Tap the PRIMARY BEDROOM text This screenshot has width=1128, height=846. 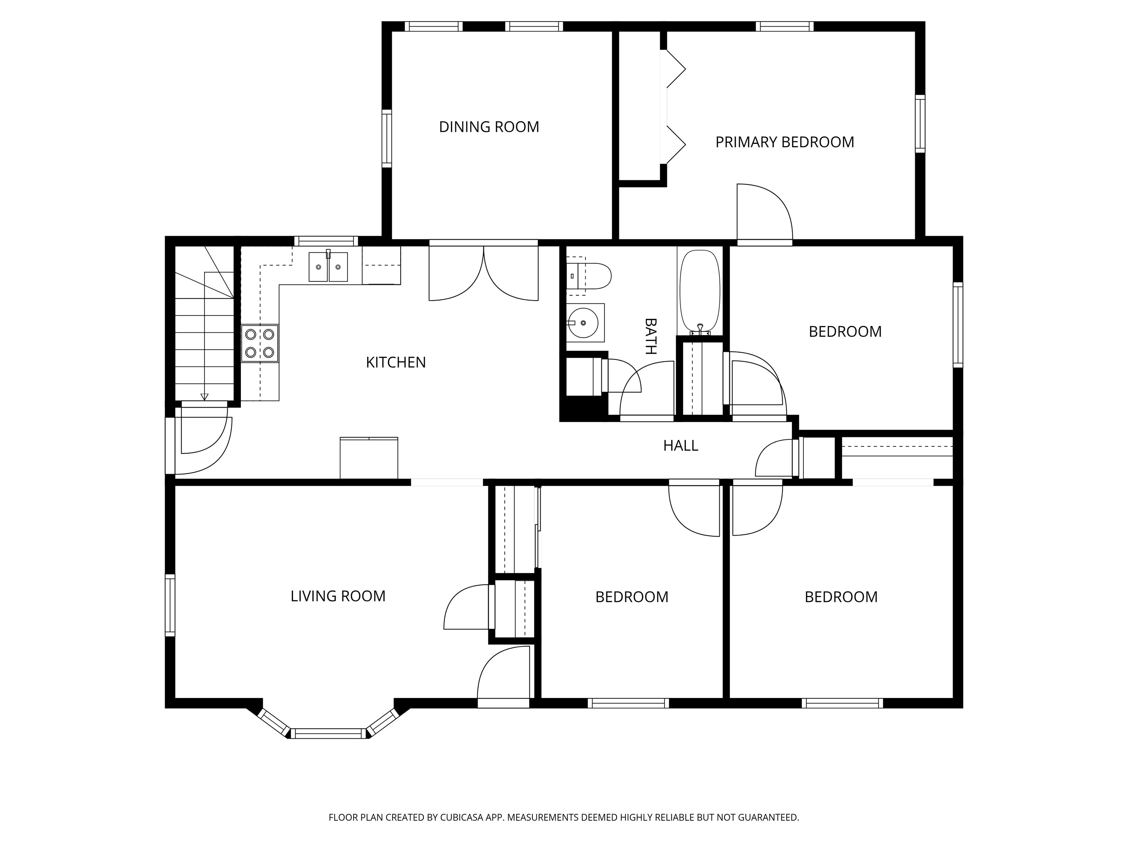pos(784,142)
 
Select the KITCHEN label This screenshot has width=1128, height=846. pos(396,362)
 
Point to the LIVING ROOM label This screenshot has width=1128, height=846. pos(337,596)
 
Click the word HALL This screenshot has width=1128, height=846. pos(680,446)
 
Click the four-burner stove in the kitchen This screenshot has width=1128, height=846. pos(260,343)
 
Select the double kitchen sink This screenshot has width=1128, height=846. pos(328,267)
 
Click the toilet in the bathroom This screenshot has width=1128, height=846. pos(592,276)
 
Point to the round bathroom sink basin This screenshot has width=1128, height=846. pos(583,323)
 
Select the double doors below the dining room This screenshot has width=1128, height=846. pos(484,273)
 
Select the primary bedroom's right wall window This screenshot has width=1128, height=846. pos(919,123)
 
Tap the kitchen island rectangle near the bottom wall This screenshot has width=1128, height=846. pos(369,458)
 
